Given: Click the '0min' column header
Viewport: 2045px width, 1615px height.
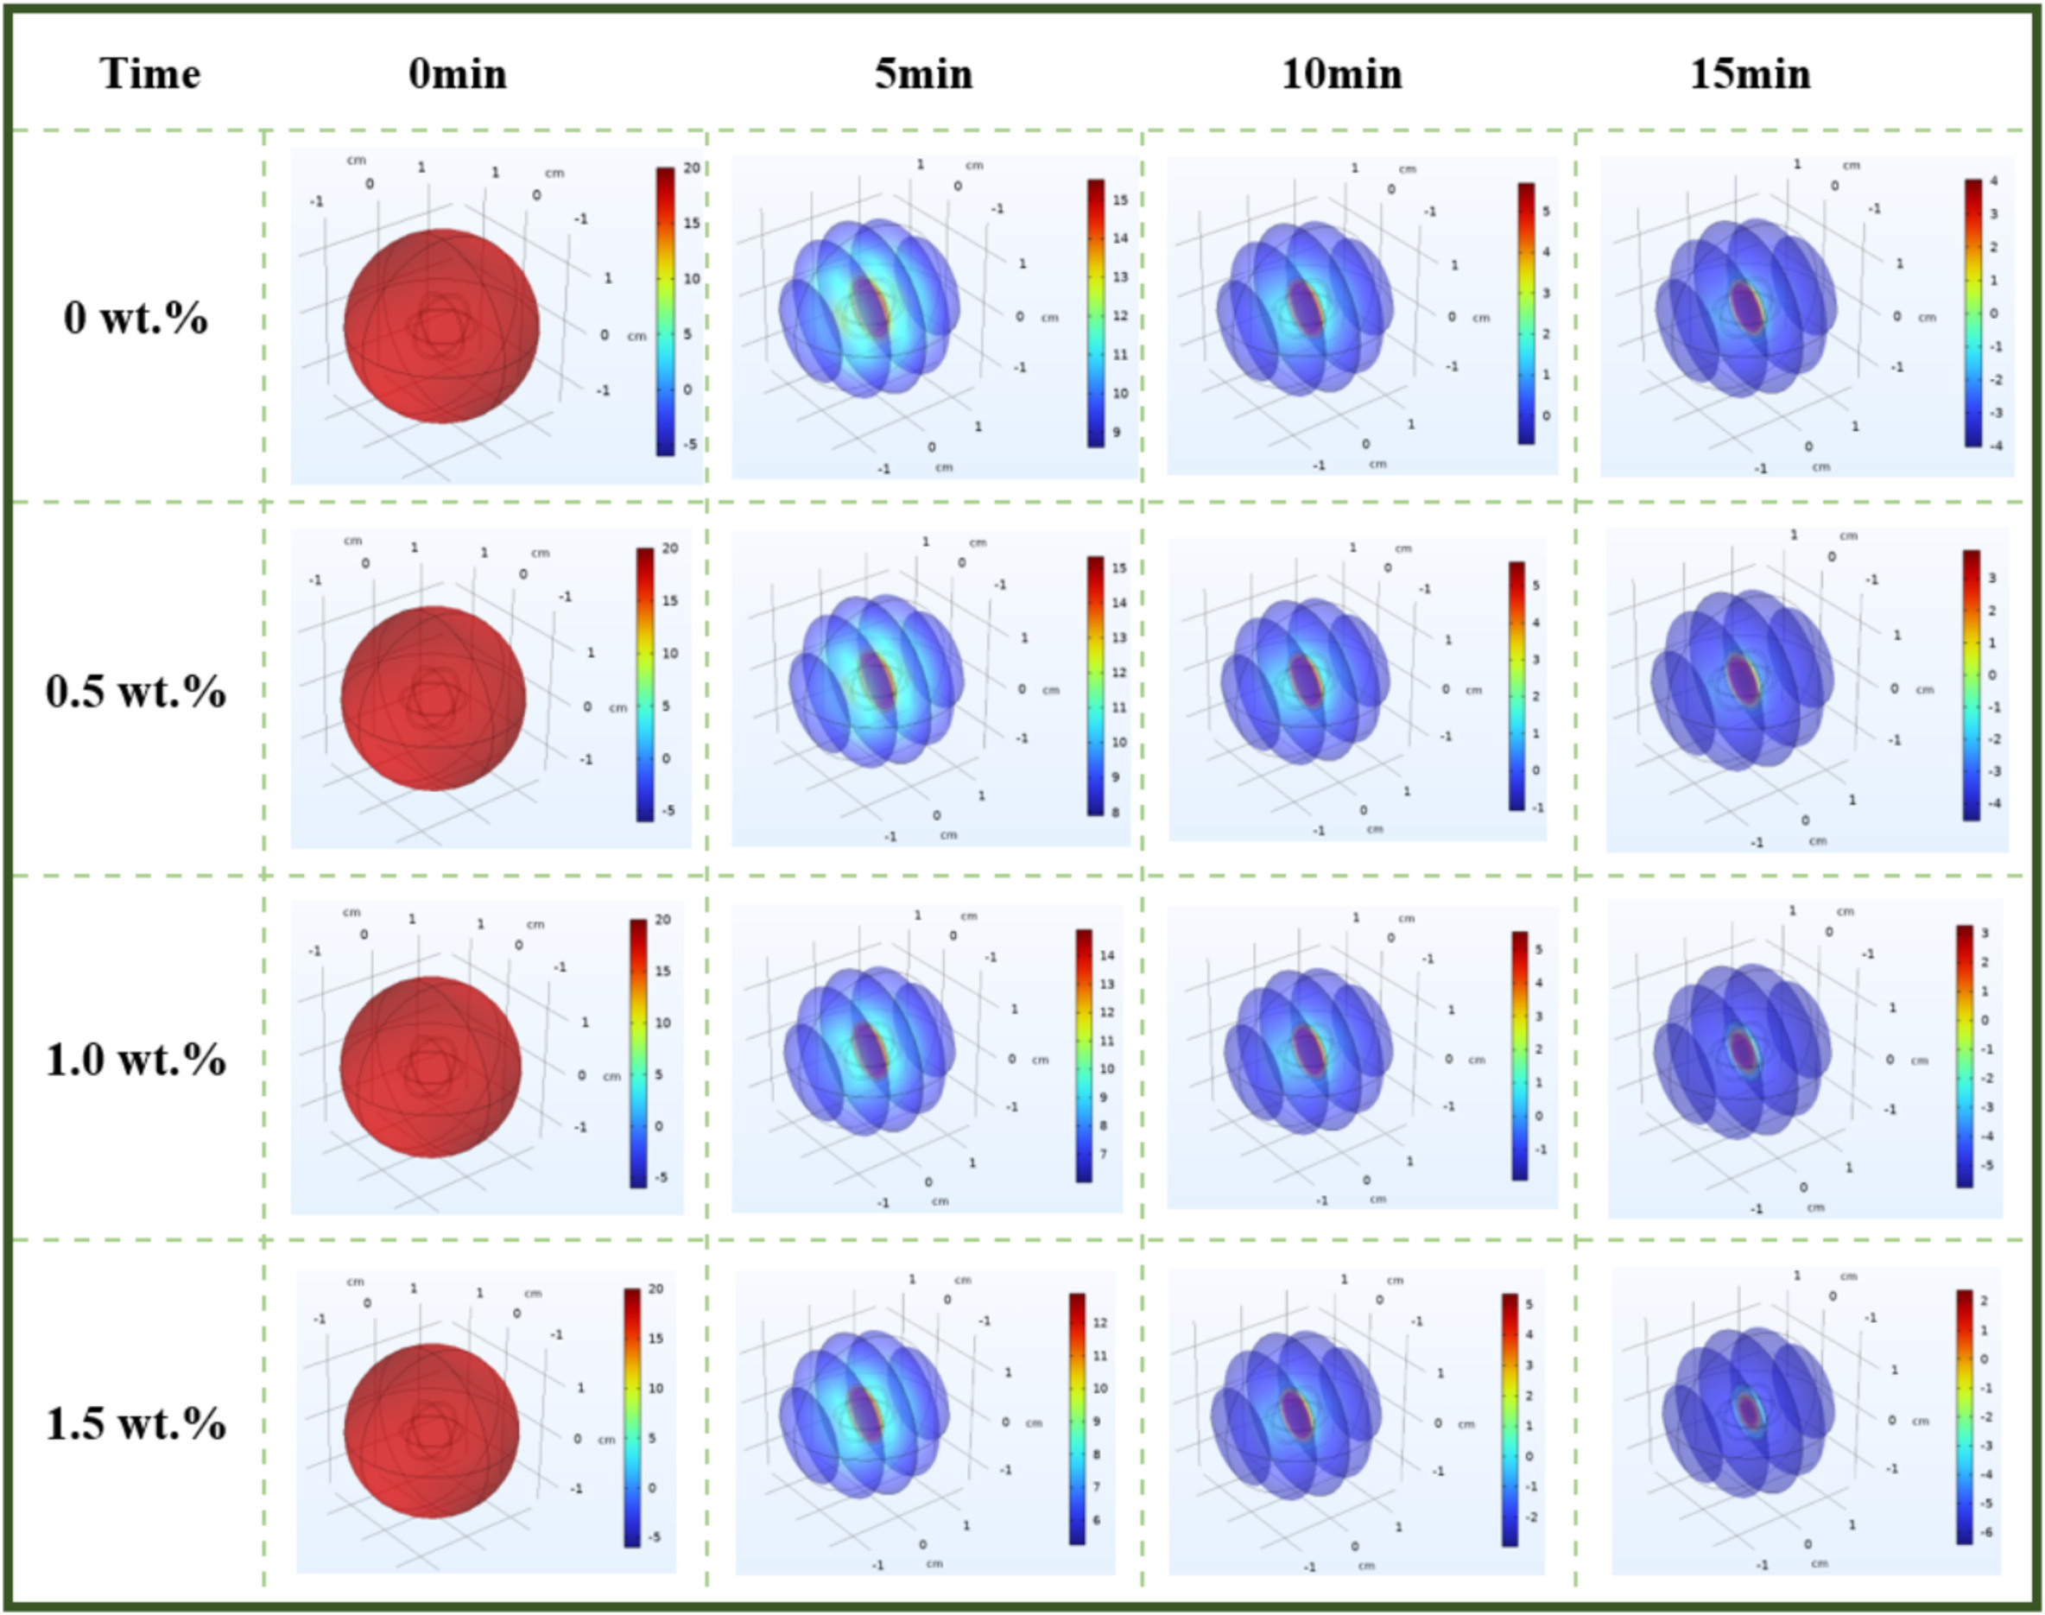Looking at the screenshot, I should pyautogui.click(x=458, y=73).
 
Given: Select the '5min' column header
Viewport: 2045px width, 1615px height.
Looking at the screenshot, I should pyautogui.click(x=923, y=73).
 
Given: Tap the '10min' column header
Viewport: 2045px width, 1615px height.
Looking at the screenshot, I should pyautogui.click(x=1340, y=73).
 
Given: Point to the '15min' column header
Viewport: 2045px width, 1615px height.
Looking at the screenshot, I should pyautogui.click(x=1750, y=73).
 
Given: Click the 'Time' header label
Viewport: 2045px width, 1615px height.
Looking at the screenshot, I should pyautogui.click(x=150, y=73).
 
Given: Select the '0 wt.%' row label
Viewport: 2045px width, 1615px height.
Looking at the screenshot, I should pyautogui.click(x=136, y=318).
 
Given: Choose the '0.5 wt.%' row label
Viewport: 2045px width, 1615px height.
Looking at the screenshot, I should pyautogui.click(x=136, y=691).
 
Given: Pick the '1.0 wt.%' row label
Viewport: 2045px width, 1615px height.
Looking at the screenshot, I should pyautogui.click(x=136, y=1059).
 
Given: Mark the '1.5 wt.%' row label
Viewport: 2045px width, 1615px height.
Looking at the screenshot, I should pyautogui.click(x=136, y=1423).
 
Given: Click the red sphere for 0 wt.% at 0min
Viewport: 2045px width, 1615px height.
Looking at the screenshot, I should pyautogui.click(x=441, y=327).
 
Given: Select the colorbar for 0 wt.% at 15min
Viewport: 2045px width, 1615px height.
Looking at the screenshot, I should pyautogui.click(x=1973, y=312).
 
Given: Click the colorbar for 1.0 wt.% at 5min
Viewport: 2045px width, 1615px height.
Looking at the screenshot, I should pyautogui.click(x=1084, y=1055).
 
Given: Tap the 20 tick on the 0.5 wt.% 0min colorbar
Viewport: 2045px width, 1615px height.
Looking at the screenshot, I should pyautogui.click(x=669, y=548).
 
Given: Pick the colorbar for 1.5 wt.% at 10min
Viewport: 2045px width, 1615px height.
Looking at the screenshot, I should pyautogui.click(x=1510, y=1419).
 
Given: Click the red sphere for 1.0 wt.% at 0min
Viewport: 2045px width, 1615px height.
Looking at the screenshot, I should pyautogui.click(x=430, y=1067).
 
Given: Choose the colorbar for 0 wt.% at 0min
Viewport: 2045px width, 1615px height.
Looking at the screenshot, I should pyautogui.click(x=666, y=311).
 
